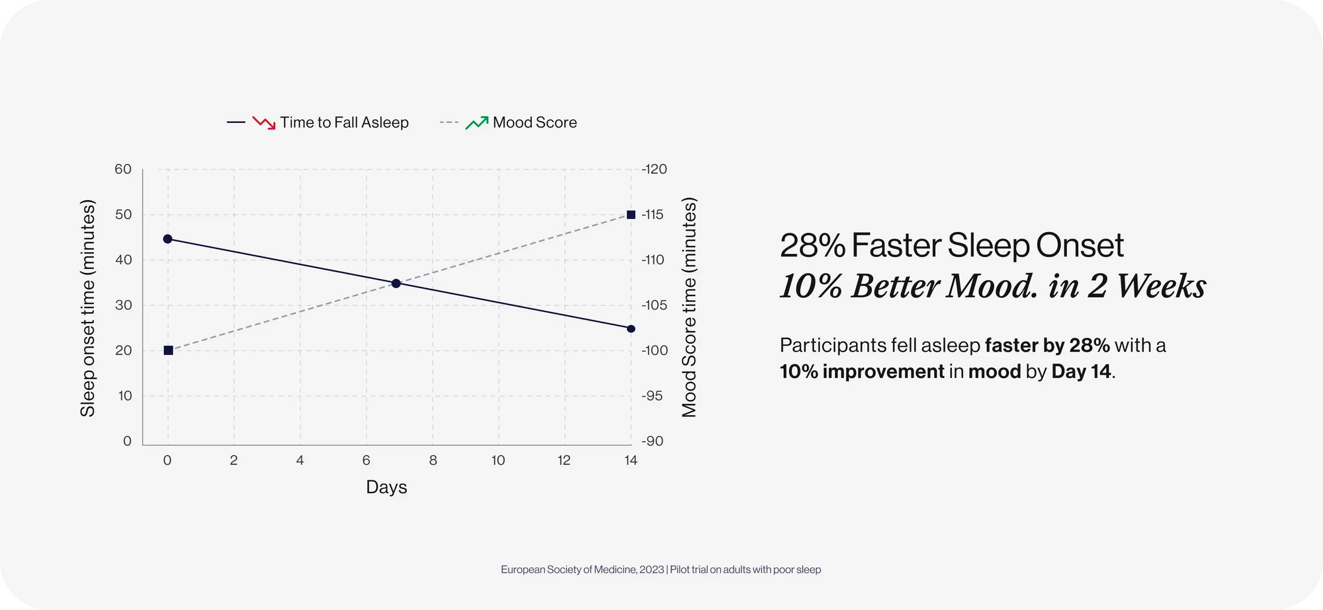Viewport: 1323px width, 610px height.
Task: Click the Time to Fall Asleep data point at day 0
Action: [167, 239]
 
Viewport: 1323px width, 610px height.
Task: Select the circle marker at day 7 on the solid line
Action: [396, 284]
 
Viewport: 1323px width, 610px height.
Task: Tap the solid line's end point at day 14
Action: [631, 328]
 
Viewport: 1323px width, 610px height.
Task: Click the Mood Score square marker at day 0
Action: [168, 350]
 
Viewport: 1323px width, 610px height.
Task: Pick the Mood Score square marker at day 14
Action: [631, 215]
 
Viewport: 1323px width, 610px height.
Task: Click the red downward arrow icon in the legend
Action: [264, 123]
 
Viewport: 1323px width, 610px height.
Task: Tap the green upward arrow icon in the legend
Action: [477, 123]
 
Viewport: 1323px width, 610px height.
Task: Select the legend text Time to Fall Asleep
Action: [344, 122]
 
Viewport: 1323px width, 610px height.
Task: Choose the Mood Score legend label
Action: [534, 122]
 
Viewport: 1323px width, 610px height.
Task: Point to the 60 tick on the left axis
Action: [123, 169]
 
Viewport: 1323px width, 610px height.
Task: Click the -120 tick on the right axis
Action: [654, 169]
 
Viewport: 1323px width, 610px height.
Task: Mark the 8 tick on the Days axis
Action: [433, 460]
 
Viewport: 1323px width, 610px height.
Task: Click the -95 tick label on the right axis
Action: [652, 396]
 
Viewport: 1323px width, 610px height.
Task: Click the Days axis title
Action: [386, 487]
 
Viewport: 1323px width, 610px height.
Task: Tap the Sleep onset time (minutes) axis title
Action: [88, 308]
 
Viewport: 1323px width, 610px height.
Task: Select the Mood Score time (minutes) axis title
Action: [689, 307]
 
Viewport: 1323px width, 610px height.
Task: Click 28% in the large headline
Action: [812, 246]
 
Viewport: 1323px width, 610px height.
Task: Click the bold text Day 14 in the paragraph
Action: [1081, 371]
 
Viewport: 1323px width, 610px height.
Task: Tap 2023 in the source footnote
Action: [652, 570]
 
